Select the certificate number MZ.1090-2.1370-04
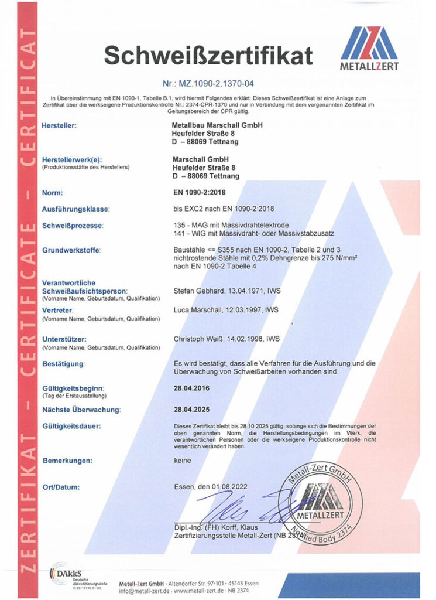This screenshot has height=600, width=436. [x=220, y=84]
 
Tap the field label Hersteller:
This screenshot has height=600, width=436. [x=60, y=125]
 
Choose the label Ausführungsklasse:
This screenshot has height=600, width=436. [x=76, y=209]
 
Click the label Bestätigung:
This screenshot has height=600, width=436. [x=64, y=364]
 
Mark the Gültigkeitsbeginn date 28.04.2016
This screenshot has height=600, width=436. [x=191, y=387]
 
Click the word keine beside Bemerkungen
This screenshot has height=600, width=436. [x=183, y=460]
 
